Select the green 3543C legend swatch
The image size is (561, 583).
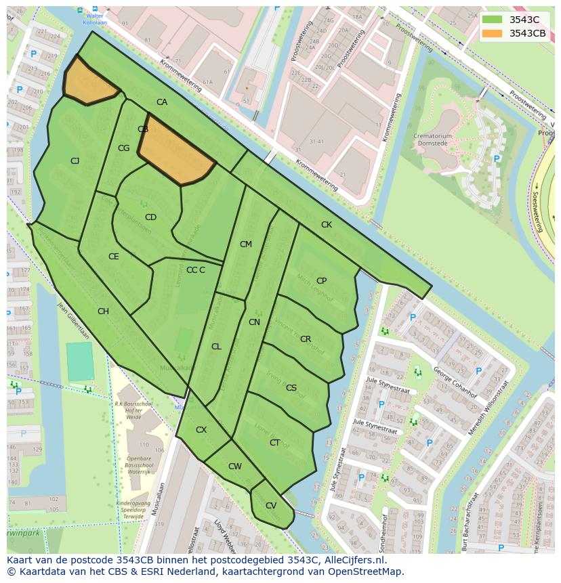493,20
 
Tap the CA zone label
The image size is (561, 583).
162,102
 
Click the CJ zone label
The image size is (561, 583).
75,160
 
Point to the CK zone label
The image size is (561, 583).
327,224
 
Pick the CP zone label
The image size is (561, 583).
321,280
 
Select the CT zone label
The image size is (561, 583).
274,442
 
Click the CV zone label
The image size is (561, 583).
271,505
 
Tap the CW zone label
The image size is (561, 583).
234,466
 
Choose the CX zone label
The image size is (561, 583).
201,429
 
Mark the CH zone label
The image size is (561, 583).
103,311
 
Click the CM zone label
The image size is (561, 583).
245,244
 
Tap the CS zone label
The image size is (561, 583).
291,387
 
